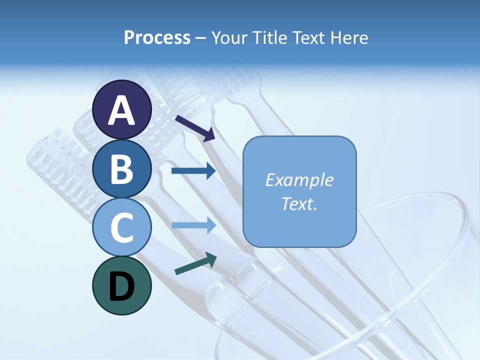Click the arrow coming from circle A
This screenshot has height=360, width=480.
tap(195, 128)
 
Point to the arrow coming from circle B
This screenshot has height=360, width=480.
tap(193, 171)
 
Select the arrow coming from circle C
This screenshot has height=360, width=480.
tap(193, 225)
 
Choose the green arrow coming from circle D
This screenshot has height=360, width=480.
tap(195, 263)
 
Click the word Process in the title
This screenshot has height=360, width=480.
tap(157, 37)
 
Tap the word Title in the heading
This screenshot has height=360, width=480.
tap(269, 37)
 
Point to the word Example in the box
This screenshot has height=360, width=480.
tap(299, 180)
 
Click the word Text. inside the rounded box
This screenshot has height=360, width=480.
tap(299, 203)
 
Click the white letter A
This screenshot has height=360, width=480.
tap(122, 110)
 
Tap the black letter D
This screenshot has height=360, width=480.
tap(122, 286)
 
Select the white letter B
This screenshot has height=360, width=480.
tap(122, 169)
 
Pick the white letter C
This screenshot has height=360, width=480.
tap(122, 228)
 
